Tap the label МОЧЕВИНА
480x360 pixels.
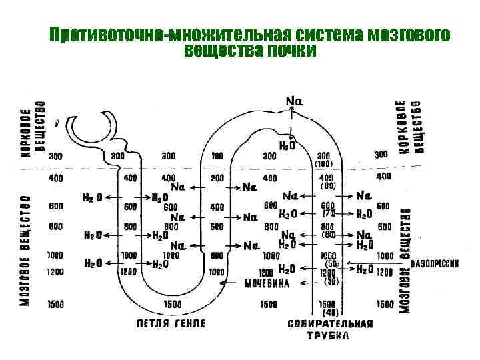pos(267,283)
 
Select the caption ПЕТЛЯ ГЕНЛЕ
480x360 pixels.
pos(171,323)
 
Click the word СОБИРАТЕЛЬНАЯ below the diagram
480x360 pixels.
pos(330,323)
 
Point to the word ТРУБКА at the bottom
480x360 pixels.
pos(329,336)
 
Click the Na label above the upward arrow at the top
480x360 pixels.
pos(294,101)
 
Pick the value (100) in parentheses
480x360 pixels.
pos(324,164)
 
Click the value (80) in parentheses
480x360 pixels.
pos(329,186)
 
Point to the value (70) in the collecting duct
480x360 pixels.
pos(329,214)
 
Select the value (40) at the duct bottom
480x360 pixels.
pos(329,313)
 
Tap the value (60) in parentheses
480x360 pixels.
pos(329,235)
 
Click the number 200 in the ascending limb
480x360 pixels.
pos(217,179)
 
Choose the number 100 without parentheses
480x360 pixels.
pos(217,156)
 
